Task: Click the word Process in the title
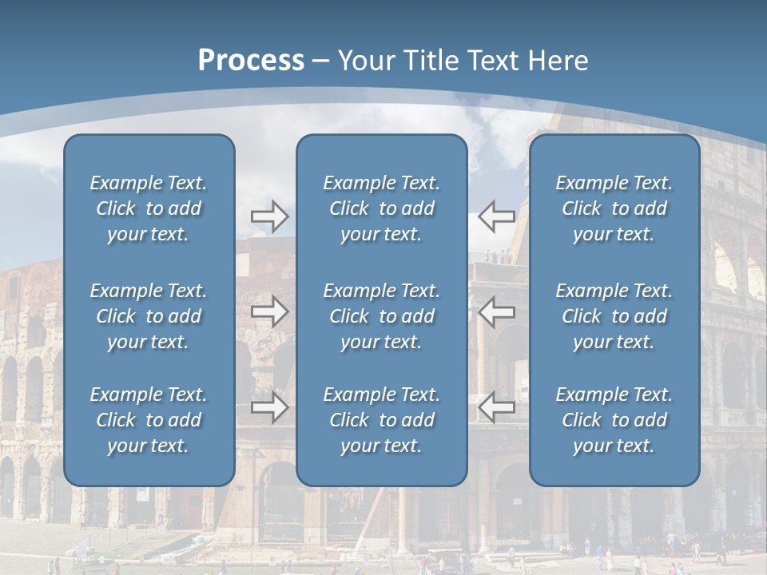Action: point(251,61)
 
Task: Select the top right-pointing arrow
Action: point(269,216)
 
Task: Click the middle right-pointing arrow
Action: point(269,311)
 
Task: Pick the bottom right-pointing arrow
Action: point(269,407)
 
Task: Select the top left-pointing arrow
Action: point(496,216)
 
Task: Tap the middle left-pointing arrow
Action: point(496,311)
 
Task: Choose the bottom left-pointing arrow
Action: point(496,407)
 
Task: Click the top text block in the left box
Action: point(149,208)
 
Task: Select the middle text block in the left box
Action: point(149,316)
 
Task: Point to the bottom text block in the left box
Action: point(149,420)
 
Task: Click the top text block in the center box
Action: point(382,208)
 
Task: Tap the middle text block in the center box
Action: point(382,316)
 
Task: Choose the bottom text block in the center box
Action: point(382,420)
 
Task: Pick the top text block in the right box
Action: point(614,208)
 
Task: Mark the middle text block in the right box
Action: point(614,316)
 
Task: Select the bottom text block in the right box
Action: point(614,420)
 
